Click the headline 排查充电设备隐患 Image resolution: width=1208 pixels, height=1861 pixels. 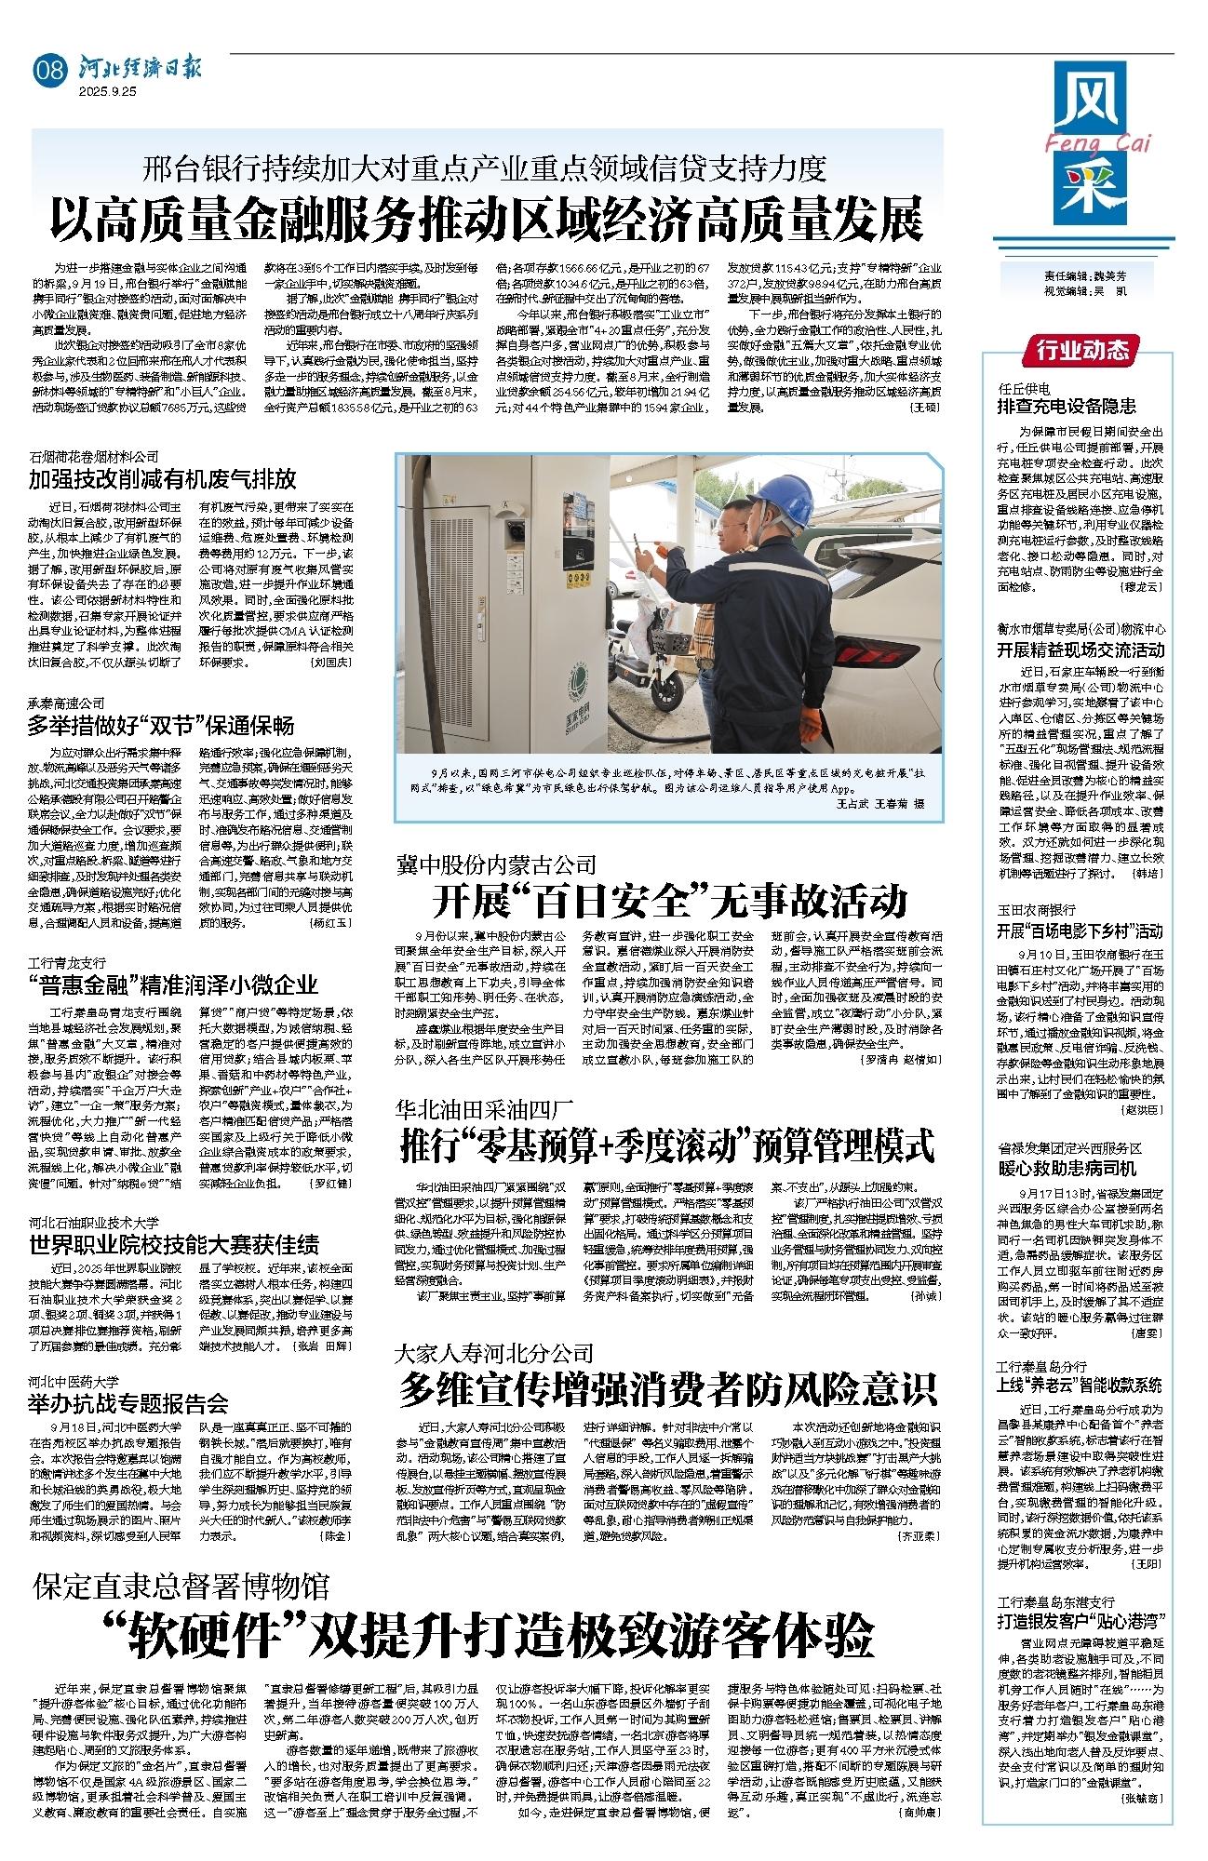click(1067, 406)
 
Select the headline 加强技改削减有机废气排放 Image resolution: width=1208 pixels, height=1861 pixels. click(163, 479)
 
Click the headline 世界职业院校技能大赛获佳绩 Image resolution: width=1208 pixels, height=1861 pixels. click(174, 1244)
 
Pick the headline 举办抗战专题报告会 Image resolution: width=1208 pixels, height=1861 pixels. click(128, 1402)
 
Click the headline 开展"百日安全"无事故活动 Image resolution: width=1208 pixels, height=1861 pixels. click(667, 902)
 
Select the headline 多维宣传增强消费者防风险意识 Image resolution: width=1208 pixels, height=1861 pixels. click(667, 1391)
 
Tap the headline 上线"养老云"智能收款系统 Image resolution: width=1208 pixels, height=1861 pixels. click(1080, 1384)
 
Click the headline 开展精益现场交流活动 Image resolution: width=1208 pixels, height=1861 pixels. click(1080, 649)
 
